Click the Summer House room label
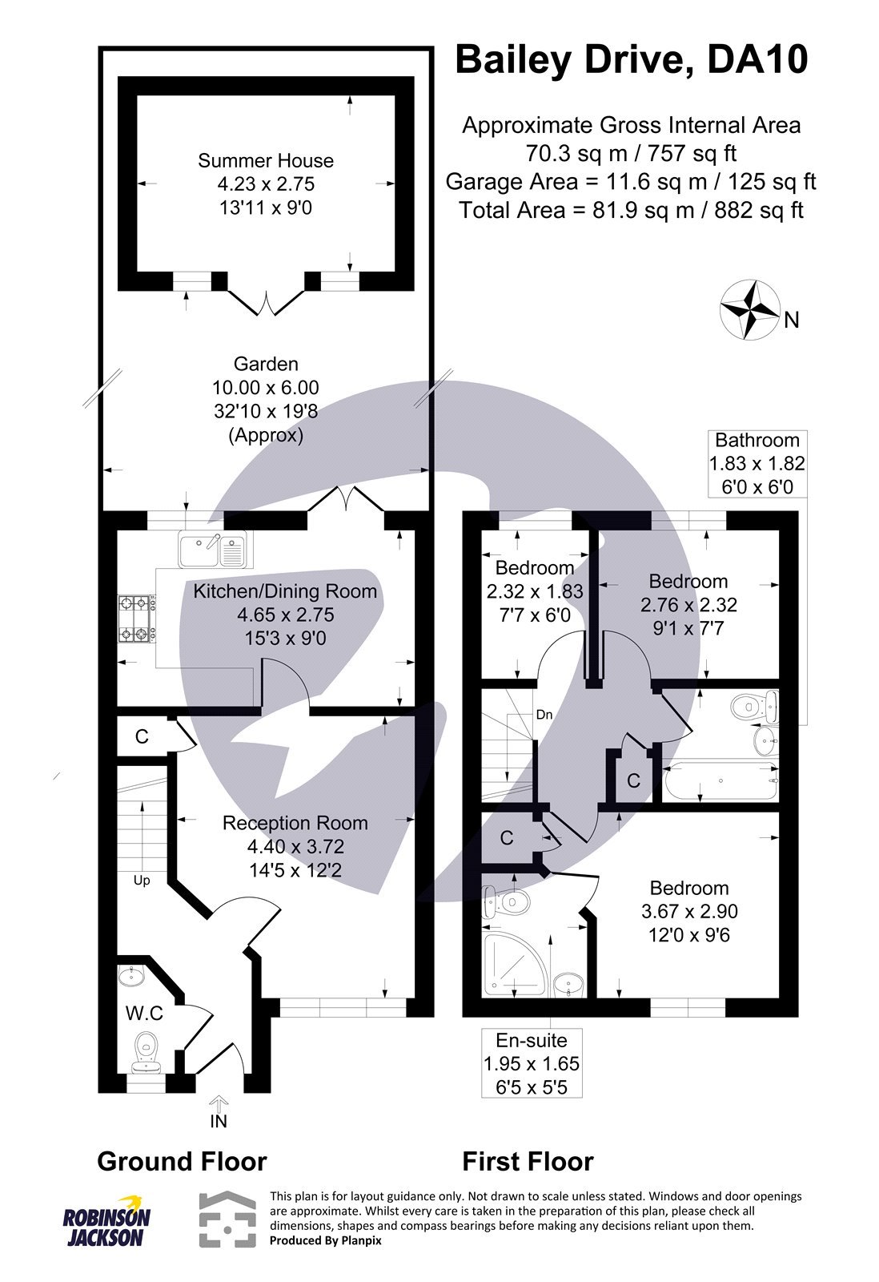[x=266, y=161]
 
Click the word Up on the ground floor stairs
[x=142, y=880]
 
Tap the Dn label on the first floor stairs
[x=544, y=714]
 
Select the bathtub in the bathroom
[x=720, y=780]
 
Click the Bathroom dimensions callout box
[x=757, y=463]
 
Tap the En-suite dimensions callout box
[x=531, y=1063]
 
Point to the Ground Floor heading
[x=182, y=1161]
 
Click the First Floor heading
[x=528, y=1161]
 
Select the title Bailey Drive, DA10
[x=631, y=61]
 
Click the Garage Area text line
[x=631, y=181]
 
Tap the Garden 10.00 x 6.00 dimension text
[x=265, y=388]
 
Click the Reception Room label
[x=295, y=823]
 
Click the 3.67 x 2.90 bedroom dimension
[x=689, y=911]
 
